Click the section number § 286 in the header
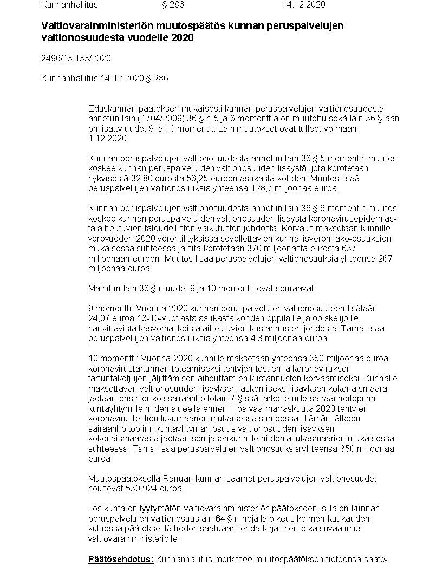point(173,5)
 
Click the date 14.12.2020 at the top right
point(304,5)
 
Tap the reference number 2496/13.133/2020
point(76,58)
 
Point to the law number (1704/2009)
point(158,119)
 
